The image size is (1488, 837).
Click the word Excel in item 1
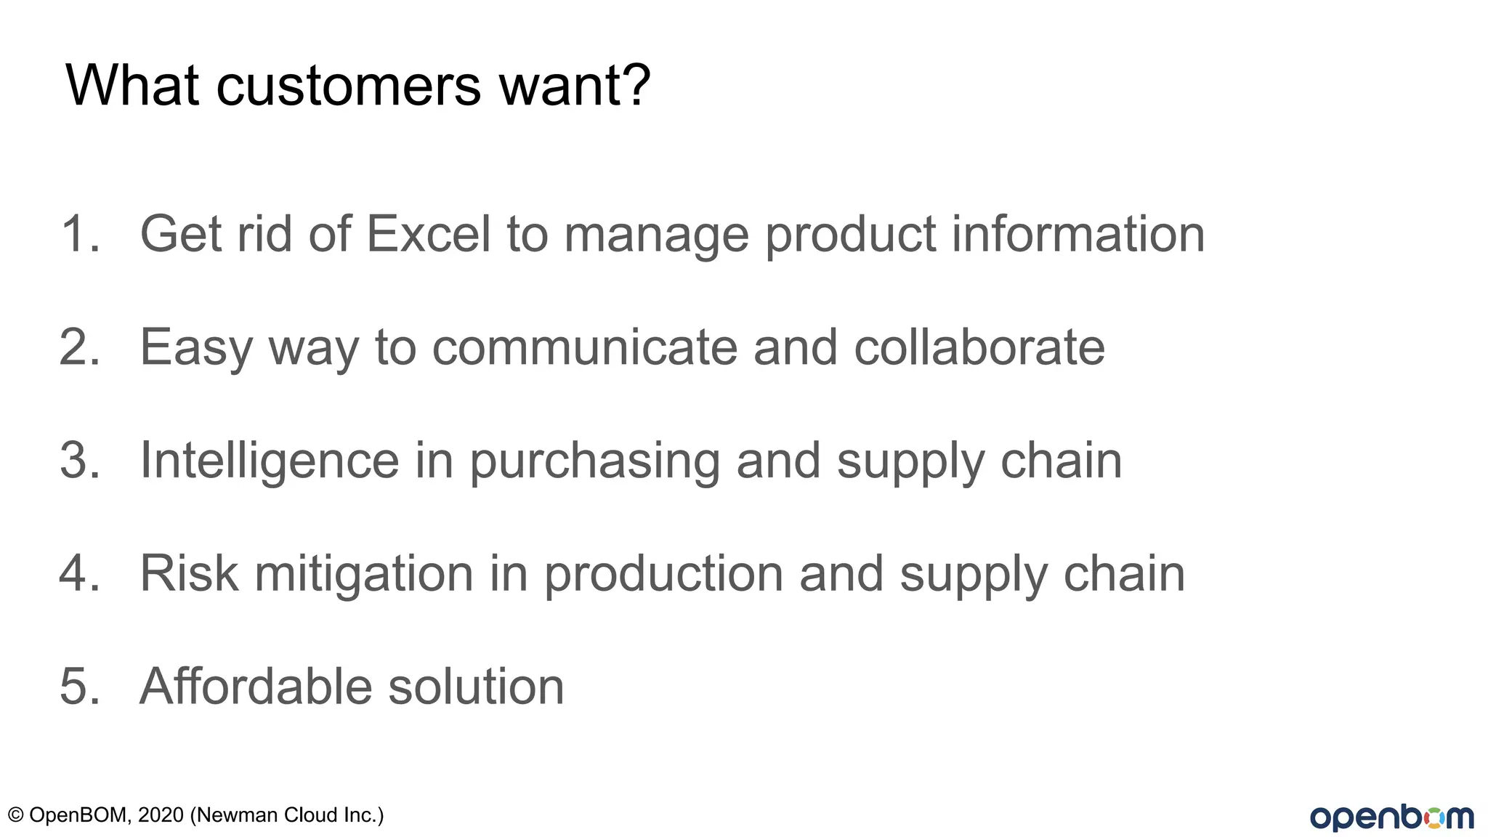[428, 234]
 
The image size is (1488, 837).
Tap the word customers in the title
[349, 85]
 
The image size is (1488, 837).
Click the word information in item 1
[1078, 234]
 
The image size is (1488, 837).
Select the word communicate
[585, 347]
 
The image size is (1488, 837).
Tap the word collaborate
[979, 347]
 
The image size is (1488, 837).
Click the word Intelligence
[270, 460]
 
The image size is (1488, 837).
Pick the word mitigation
[364, 575]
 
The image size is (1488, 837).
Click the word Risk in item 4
[189, 573]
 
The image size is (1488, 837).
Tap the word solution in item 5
[476, 687]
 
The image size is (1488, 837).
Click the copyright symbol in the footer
[15, 815]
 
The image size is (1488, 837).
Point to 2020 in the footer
[161, 815]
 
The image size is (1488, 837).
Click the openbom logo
[1391, 817]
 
